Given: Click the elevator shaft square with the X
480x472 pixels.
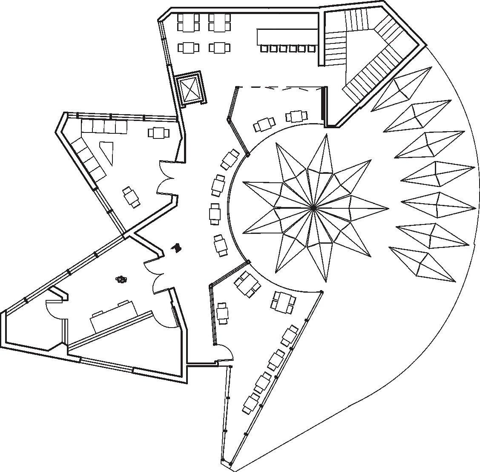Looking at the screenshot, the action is pyautogui.click(x=190, y=89).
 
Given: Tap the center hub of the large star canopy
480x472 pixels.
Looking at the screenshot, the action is pyautogui.click(x=314, y=208).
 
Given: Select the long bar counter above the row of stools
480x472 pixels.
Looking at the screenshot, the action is pyautogui.click(x=287, y=37).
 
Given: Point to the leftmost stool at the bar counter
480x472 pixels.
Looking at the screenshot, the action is pyautogui.click(x=264, y=49).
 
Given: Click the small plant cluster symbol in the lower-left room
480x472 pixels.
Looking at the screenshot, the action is pyautogui.click(x=122, y=279).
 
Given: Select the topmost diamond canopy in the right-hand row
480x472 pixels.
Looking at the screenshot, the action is pyautogui.click(x=402, y=89).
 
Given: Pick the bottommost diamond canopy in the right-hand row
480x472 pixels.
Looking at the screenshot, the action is pyautogui.click(x=422, y=265).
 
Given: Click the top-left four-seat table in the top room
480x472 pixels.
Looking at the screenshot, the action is pyautogui.click(x=188, y=23).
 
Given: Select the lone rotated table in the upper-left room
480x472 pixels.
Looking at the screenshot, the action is pyautogui.click(x=132, y=197).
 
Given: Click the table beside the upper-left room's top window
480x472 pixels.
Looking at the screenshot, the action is pyautogui.click(x=158, y=132).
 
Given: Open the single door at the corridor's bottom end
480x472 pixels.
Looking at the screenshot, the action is pyautogui.click(x=224, y=353).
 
